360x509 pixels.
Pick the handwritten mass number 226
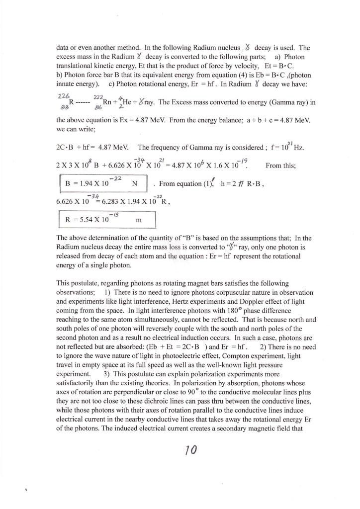[63, 94]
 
